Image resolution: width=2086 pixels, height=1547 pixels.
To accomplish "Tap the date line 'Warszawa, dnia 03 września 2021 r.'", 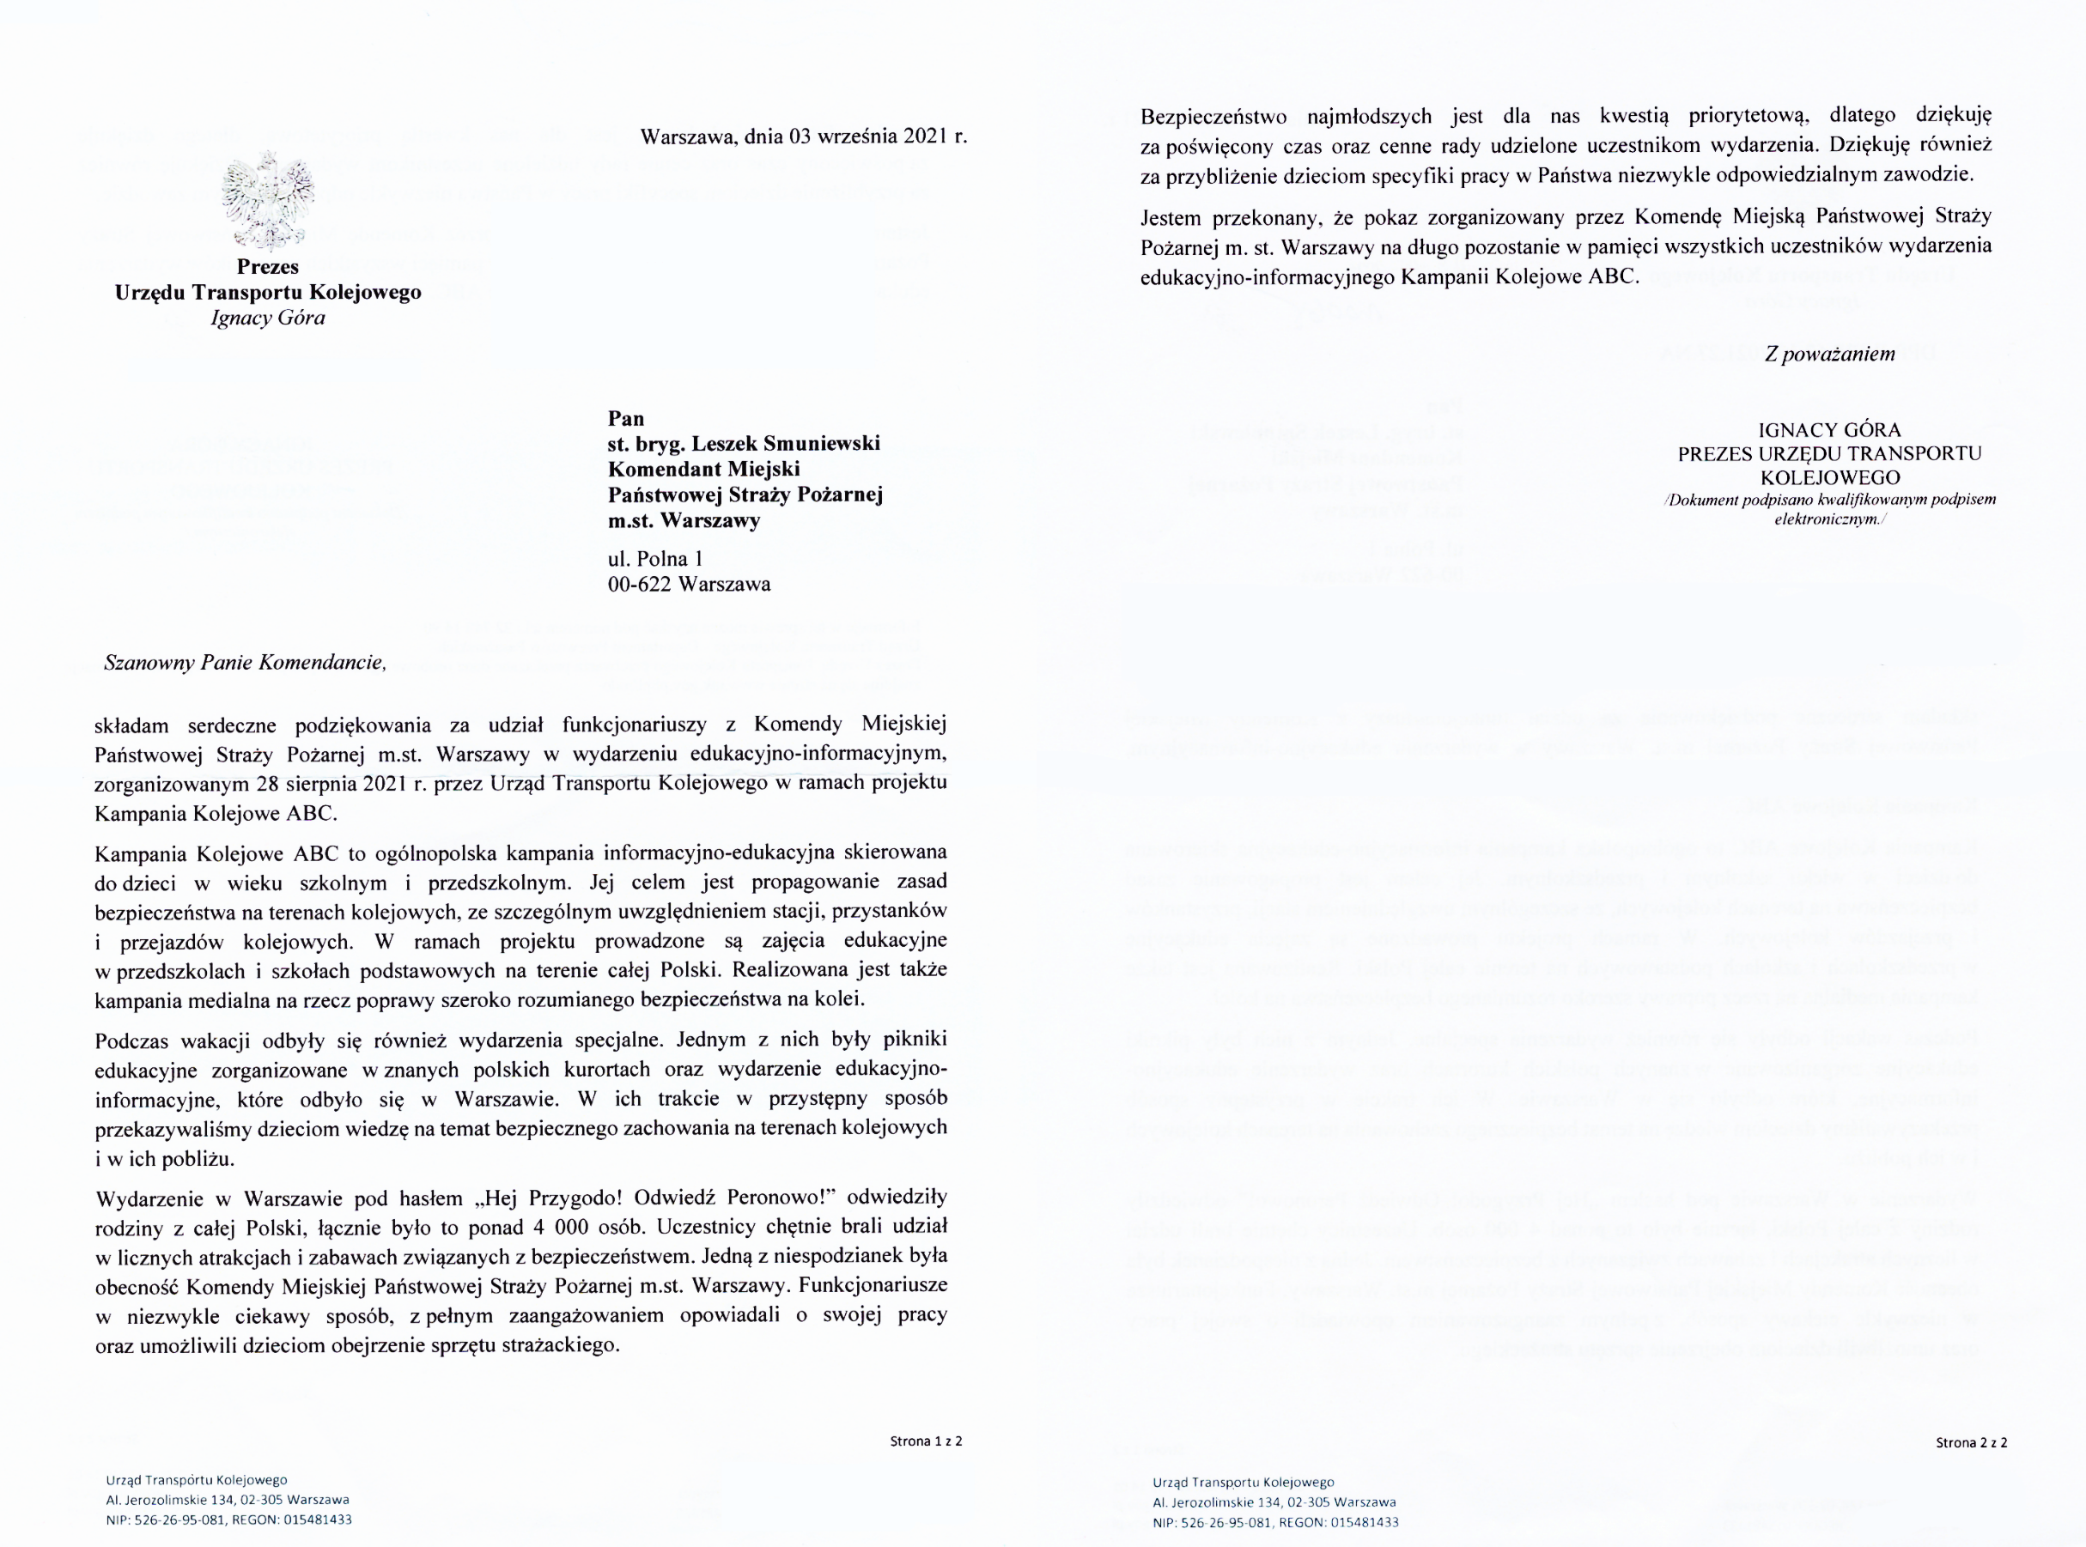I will pyautogui.click(x=803, y=136).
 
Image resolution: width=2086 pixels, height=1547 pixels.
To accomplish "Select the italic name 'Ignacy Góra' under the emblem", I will pyautogui.click(x=268, y=318).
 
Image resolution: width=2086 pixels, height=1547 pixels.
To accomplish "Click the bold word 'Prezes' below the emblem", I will pyautogui.click(x=268, y=267).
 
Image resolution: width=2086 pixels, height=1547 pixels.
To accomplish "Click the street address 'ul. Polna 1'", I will pyautogui.click(x=654, y=559).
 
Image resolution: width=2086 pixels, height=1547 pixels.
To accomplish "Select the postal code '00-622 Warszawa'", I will pyautogui.click(x=689, y=585).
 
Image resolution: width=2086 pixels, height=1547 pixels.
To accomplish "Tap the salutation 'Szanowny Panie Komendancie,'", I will pyautogui.click(x=246, y=663).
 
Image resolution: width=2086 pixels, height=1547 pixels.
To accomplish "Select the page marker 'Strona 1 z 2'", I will pyautogui.click(x=926, y=1441).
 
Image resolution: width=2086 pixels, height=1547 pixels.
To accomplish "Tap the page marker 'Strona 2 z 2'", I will pyautogui.click(x=1971, y=1443).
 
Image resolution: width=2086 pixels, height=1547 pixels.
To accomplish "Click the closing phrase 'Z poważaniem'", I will pyautogui.click(x=1829, y=354).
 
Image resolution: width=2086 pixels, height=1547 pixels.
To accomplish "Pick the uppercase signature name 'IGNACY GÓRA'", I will pyautogui.click(x=1829, y=431).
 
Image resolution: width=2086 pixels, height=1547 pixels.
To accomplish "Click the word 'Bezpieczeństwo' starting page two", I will pyautogui.click(x=1207, y=116).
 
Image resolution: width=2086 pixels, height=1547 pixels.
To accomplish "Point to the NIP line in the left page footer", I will pyautogui.click(x=228, y=1520).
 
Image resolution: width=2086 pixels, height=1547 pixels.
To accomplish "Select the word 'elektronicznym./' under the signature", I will pyautogui.click(x=1829, y=518).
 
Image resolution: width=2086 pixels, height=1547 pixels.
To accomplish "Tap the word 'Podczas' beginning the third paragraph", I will pyautogui.click(x=131, y=1040).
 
